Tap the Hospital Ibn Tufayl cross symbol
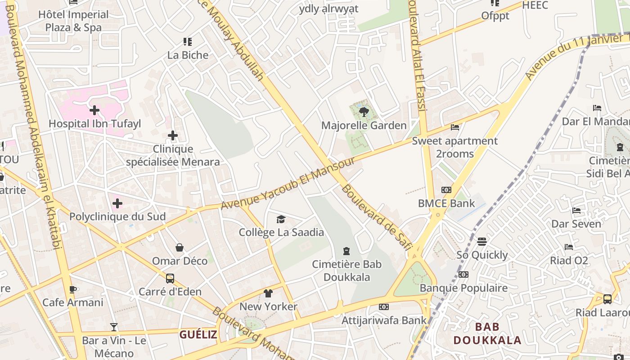(x=94, y=110)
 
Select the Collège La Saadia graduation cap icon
(x=281, y=219)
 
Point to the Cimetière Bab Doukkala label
(x=347, y=270)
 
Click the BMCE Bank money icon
(x=446, y=190)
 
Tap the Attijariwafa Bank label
(x=384, y=320)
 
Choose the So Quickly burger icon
(x=482, y=242)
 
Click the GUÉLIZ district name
(x=198, y=334)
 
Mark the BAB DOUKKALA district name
(x=487, y=333)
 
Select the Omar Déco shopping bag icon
(x=180, y=247)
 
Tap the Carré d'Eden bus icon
(x=170, y=278)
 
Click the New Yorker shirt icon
(x=268, y=293)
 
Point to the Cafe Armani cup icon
(x=73, y=289)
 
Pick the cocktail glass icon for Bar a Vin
(x=114, y=327)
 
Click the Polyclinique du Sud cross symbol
(x=117, y=203)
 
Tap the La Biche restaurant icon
(x=188, y=42)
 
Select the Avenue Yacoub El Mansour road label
(x=288, y=184)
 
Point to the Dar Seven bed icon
(x=576, y=211)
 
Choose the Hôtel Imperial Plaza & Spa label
(x=73, y=21)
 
